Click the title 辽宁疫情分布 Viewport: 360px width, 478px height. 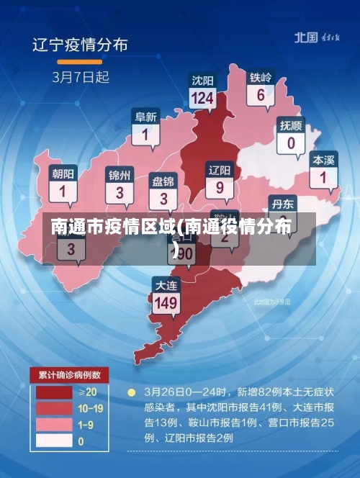pyautogui.click(x=80, y=45)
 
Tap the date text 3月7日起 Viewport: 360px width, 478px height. pyautogui.click(x=79, y=75)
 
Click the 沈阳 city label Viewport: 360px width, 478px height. pyautogui.click(x=203, y=80)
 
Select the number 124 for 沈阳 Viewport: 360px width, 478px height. pyautogui.click(x=203, y=98)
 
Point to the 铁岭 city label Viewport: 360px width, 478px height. pyautogui.click(x=261, y=77)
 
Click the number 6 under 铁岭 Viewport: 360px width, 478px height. pyautogui.click(x=261, y=94)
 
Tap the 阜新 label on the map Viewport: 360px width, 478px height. pyautogui.click(x=145, y=117)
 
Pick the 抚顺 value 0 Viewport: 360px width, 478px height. pyautogui.click(x=291, y=143)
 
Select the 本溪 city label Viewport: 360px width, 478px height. pyautogui.click(x=323, y=159)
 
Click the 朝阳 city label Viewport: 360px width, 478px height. pyautogui.click(x=63, y=173)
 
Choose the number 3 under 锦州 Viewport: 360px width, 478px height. pyautogui.click(x=120, y=192)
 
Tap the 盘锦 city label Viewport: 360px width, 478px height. pyautogui.click(x=163, y=181)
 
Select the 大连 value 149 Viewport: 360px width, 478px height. pyautogui.click(x=166, y=302)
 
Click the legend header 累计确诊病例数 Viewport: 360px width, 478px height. pyautogui.click(x=69, y=375)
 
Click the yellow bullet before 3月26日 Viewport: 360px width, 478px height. pyautogui.click(x=131, y=393)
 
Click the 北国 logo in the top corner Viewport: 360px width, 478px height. pyautogui.click(x=306, y=37)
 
